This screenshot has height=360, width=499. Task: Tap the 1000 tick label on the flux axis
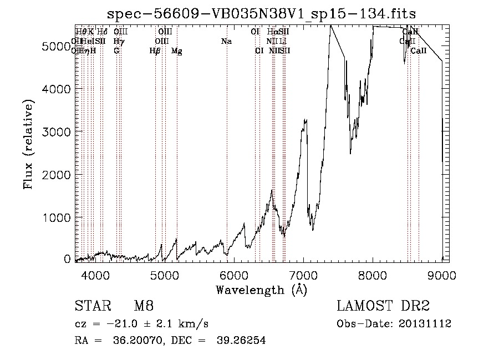click(58, 217)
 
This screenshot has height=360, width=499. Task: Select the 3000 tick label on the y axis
click(58, 131)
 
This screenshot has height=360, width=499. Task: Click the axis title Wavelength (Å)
click(261, 290)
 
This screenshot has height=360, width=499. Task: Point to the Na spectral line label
click(226, 41)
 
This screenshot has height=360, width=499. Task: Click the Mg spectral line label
click(177, 51)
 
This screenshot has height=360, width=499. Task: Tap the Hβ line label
click(155, 51)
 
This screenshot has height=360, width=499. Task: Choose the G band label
click(116, 50)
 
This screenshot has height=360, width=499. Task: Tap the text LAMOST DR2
click(383, 307)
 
